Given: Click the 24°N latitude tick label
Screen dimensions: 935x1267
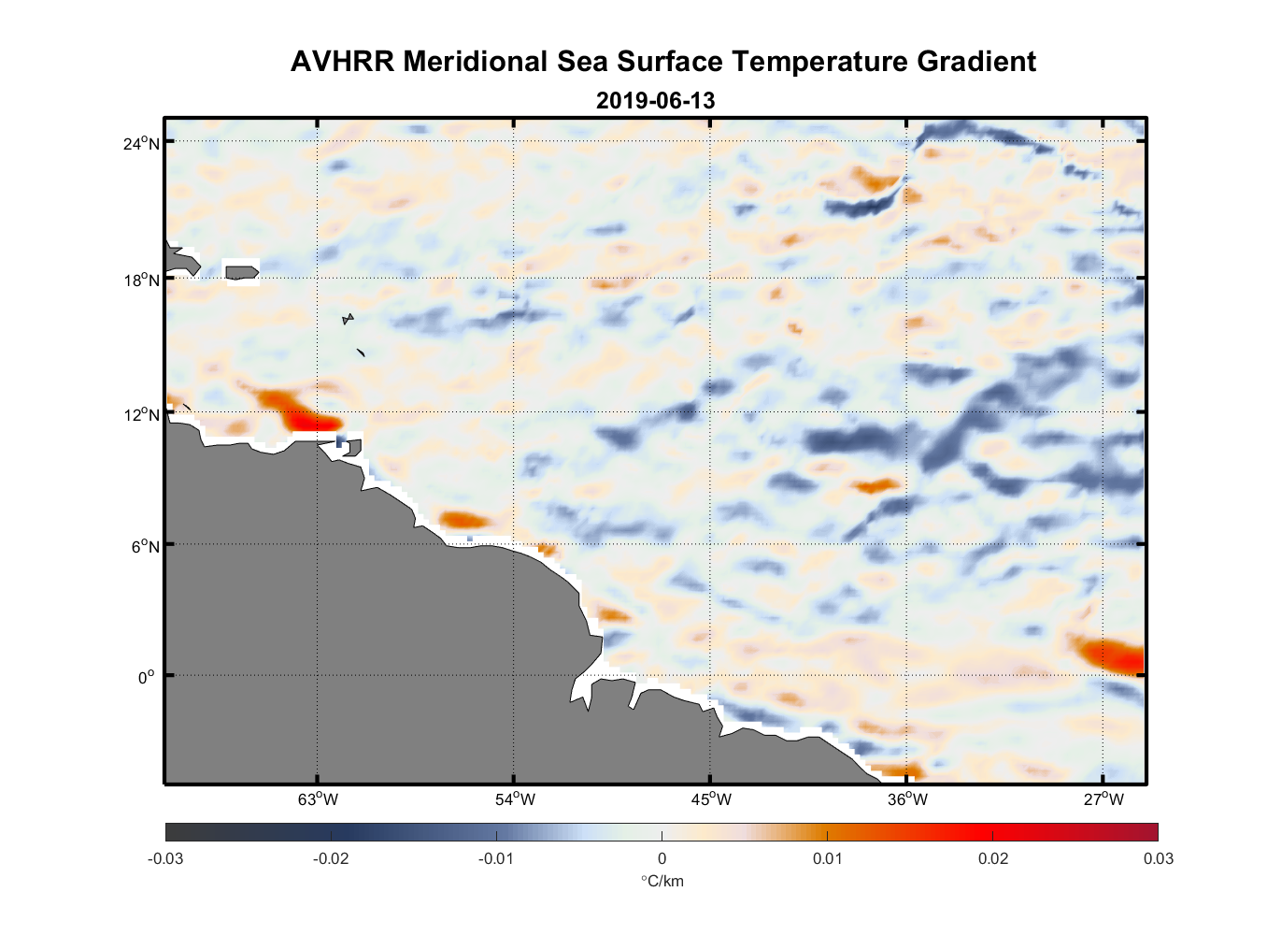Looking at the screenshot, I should point(141,143).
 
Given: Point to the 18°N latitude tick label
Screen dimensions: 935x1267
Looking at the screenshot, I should point(141,280).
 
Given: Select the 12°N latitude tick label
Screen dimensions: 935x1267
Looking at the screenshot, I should point(141,414).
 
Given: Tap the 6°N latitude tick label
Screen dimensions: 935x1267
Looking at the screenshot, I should point(144,546).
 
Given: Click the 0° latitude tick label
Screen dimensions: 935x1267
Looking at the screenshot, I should point(147,677).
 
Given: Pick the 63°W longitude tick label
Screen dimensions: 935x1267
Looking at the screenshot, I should point(318,799).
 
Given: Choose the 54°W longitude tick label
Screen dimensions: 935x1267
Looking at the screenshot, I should point(515,799).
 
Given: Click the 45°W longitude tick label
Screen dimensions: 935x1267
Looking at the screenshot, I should point(711,799).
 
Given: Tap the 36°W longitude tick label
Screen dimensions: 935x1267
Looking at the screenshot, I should point(907,799).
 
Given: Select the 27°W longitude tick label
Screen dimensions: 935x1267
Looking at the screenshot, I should point(1103,799).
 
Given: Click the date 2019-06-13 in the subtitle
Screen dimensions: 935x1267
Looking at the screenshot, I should point(655,100).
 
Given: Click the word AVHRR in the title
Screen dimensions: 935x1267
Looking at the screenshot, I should point(342,62).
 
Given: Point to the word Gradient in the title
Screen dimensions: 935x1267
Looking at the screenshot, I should point(976,62).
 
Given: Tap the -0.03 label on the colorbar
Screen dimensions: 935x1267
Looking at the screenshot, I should point(165,858).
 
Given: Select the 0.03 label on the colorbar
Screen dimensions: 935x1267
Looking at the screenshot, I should point(1158,858).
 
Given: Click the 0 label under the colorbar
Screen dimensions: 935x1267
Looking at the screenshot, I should point(662,858).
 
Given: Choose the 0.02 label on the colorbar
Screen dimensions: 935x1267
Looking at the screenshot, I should point(992,858).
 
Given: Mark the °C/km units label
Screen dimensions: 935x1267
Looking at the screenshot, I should point(662,881).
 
